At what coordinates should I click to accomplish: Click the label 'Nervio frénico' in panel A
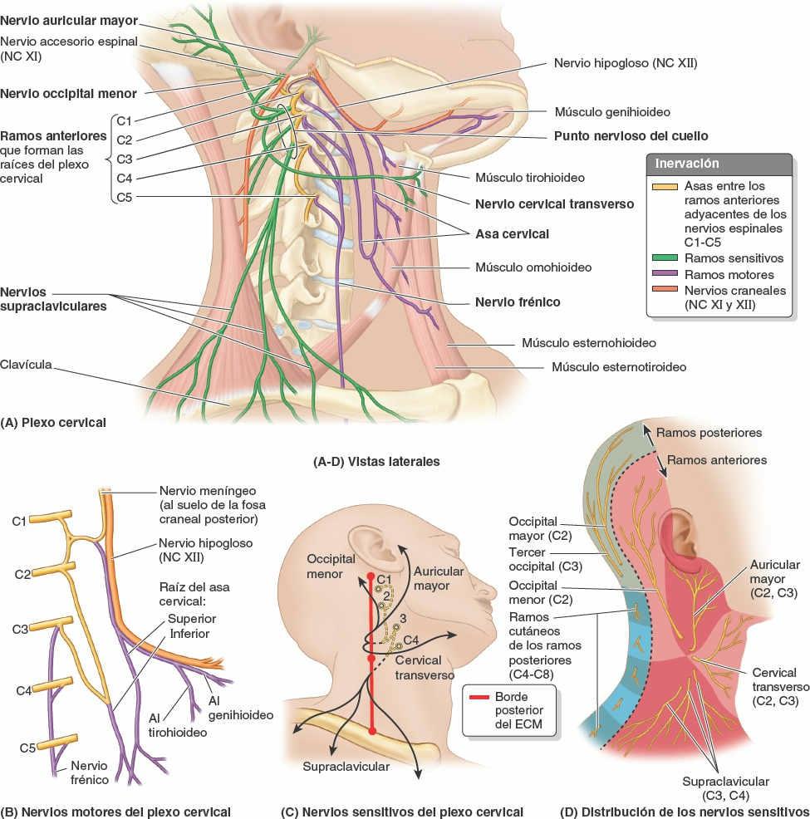[517, 302]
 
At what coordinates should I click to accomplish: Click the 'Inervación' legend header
[687, 164]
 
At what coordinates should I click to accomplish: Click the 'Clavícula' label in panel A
[27, 363]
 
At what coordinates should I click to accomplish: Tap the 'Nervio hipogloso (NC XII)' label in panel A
[629, 62]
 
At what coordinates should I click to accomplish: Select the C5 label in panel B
[27, 748]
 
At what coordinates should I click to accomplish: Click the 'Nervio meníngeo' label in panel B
[198, 492]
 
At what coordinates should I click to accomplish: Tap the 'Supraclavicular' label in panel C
[346, 767]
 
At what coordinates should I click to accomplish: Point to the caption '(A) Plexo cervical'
[55, 422]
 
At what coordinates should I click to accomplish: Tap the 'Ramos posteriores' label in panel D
[708, 432]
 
